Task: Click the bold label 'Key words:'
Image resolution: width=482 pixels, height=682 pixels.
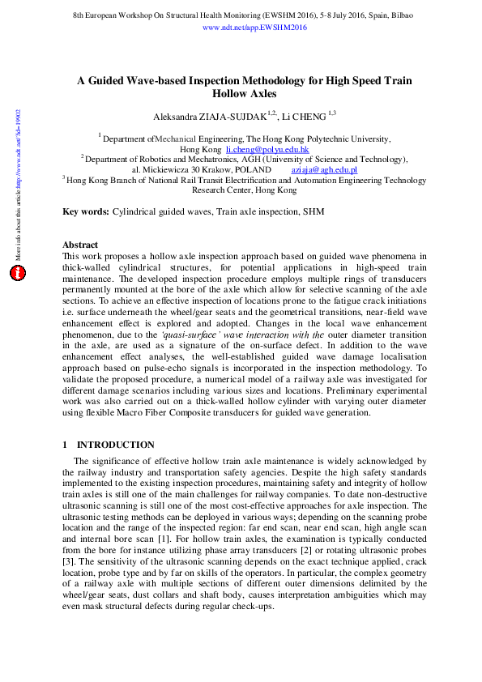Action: click(86, 211)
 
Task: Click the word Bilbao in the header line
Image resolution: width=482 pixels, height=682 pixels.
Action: click(398, 15)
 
